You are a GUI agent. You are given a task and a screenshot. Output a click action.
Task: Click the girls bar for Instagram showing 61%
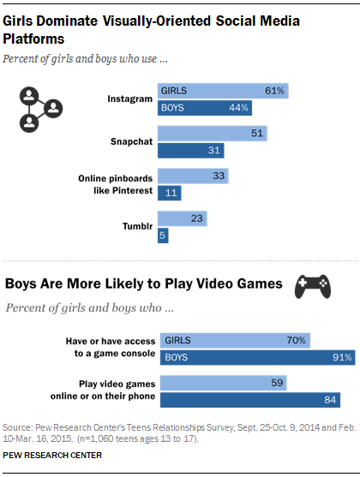click(224, 90)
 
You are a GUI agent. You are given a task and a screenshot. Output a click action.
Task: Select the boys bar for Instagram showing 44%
click(205, 108)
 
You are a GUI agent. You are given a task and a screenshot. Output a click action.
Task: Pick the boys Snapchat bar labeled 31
click(189, 151)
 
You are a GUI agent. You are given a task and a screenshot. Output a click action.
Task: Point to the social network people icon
click(41, 108)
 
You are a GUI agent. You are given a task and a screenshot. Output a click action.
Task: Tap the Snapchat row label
click(129, 142)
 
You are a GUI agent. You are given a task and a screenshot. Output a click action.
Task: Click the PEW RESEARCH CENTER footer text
click(53, 455)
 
